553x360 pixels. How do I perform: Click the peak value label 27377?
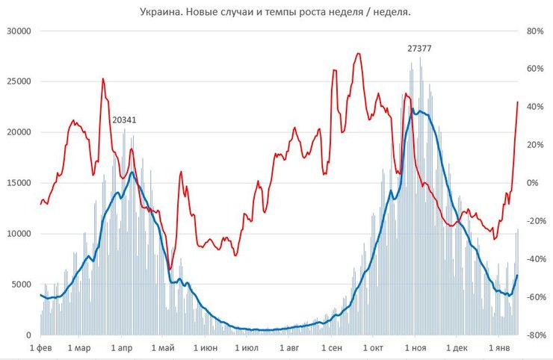click(x=419, y=49)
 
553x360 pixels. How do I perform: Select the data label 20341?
click(x=124, y=120)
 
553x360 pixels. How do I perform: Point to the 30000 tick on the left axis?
click(x=16, y=31)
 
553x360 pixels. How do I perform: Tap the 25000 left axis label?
click(x=16, y=82)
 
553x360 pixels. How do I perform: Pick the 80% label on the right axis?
click(x=534, y=31)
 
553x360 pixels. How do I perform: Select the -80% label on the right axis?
click(x=534, y=335)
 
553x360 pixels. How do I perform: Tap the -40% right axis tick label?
click(x=534, y=259)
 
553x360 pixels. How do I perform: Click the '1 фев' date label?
click(x=40, y=348)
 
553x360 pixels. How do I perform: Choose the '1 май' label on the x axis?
click(x=162, y=348)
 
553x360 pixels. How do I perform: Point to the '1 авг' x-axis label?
click(x=288, y=348)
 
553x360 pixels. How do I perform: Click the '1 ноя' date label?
click(x=414, y=348)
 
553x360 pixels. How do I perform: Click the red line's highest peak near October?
click(x=359, y=54)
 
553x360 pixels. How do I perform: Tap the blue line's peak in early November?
click(x=413, y=110)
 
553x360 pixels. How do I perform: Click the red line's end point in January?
click(x=517, y=102)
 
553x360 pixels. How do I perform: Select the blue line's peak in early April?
click(x=132, y=173)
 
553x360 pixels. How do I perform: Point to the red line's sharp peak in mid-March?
click(x=103, y=78)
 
